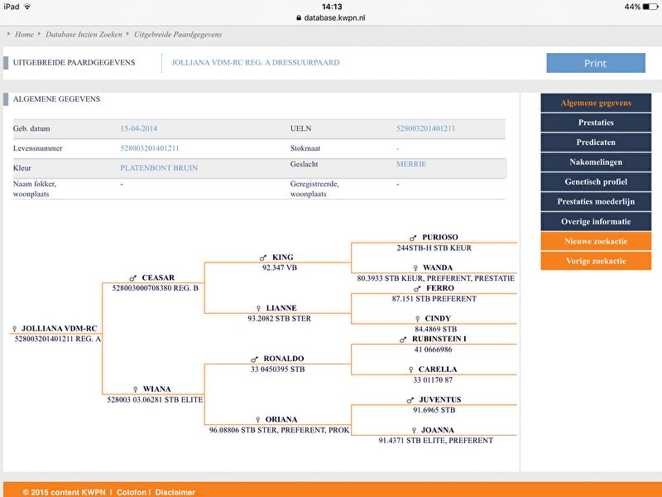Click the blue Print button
[595, 63]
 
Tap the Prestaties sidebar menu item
[596, 123]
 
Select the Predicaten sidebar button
[596, 142]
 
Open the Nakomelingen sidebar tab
[596, 162]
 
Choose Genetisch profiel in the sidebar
[596, 182]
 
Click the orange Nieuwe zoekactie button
[596, 241]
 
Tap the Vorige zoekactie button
[596, 261]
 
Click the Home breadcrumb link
[24, 35]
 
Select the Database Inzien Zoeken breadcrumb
[84, 35]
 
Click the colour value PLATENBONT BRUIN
[159, 167]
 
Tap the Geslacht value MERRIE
[411, 164]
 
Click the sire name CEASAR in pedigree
[158, 278]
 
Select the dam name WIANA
[156, 389]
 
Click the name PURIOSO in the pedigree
[439, 237]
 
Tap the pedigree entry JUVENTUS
[440, 400]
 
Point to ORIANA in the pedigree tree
[281, 420]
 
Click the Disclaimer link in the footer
[175, 492]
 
